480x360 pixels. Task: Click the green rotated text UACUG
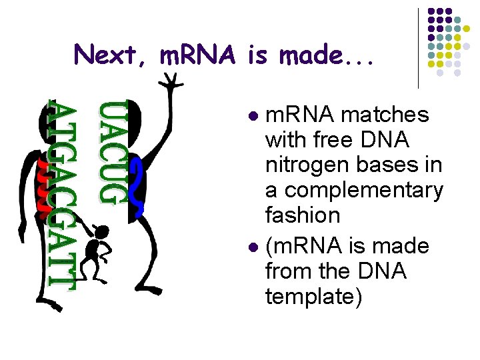pos(112,152)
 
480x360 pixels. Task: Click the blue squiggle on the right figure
pos(138,187)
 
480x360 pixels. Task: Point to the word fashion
pos(302,215)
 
